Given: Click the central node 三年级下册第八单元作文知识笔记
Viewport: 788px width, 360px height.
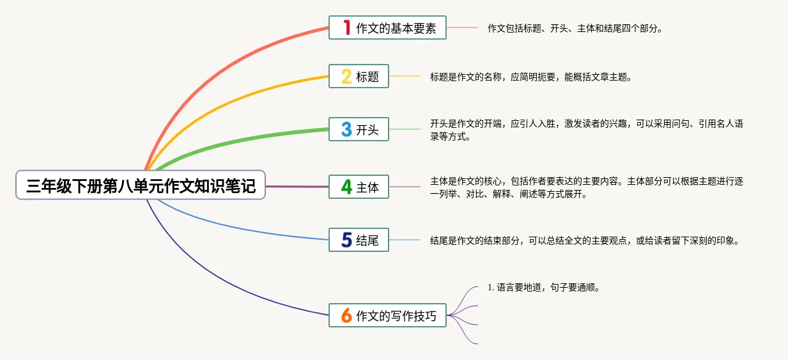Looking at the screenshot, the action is [141, 185].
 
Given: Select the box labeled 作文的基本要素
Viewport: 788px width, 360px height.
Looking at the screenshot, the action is [387, 27].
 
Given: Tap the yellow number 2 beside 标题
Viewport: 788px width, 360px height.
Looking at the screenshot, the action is [346, 76].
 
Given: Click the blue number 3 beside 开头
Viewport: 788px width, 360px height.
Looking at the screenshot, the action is [346, 129].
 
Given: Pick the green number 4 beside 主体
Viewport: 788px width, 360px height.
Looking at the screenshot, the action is [346, 187].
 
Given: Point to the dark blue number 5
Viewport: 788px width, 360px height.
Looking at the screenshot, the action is [346, 240].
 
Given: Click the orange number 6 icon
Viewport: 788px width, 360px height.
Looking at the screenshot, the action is [346, 315].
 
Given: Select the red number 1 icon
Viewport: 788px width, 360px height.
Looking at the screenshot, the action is [347, 27].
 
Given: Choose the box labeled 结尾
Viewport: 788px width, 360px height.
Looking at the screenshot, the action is [359, 240].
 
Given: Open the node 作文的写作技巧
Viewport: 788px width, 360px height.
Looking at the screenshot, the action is [387, 315].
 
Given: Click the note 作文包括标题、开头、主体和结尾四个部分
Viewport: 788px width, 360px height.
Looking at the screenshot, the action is [575, 29].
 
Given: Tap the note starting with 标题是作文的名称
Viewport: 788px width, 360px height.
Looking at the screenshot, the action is [531, 77].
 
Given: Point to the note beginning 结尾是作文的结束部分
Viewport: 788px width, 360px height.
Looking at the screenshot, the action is [584, 240].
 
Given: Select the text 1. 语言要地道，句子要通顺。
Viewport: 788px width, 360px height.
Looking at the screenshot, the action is [543, 288].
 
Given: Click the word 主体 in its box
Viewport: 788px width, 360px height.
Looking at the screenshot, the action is [367, 187].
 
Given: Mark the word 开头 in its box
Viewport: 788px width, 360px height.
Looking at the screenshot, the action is [367, 130].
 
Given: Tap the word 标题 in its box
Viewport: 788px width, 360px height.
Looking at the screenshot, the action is [367, 77].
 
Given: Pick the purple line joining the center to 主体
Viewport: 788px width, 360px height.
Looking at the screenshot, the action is [297, 187].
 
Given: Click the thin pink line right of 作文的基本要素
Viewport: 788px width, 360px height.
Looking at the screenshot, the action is [462, 27].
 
